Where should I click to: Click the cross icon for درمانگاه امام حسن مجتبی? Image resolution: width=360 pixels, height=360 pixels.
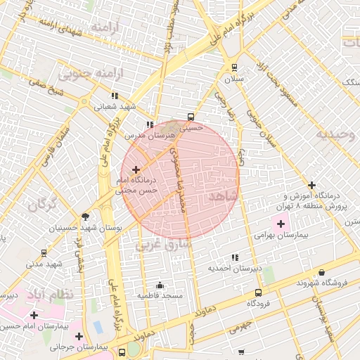tap(136, 169)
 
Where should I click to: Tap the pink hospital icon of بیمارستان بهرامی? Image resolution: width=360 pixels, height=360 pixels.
tap(281, 224)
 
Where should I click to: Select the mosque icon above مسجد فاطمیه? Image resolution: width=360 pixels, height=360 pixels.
tap(160, 285)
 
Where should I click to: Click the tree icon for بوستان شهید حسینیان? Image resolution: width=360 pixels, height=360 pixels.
tap(86, 217)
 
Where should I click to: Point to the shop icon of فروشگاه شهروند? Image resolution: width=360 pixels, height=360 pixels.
tap(321, 272)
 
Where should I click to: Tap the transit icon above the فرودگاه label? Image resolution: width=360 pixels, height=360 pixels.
tap(258, 292)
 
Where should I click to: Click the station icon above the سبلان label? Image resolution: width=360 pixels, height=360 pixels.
tap(234, 68)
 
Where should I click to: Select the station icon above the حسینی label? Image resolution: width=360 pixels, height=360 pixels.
tap(191, 117)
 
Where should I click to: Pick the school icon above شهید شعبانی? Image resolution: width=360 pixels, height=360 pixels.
tap(115, 96)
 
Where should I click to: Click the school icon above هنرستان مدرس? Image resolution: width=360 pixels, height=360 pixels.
tap(149, 124)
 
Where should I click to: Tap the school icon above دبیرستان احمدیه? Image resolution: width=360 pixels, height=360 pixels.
tap(234, 257)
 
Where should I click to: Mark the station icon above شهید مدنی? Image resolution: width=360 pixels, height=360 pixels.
tap(44, 252)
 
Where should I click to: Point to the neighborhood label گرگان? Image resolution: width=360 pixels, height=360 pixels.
tap(41, 205)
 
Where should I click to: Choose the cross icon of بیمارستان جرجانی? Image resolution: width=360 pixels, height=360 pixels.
tap(79, 336)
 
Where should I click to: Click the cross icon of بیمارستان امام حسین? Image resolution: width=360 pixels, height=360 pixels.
tap(34, 315)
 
